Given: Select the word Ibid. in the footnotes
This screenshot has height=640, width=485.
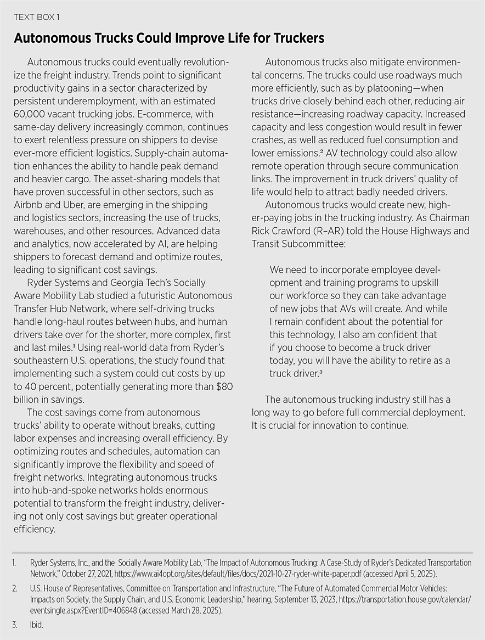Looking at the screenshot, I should click(36, 618).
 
